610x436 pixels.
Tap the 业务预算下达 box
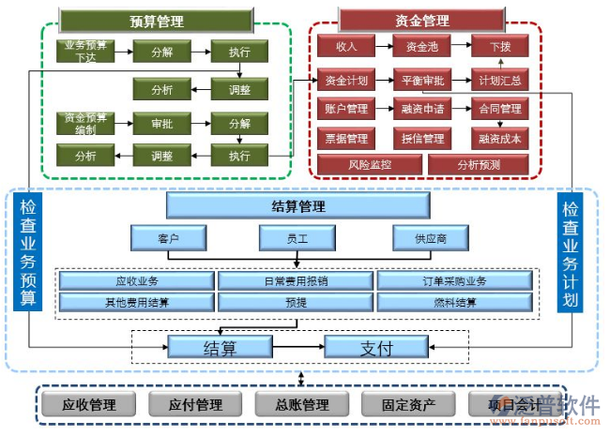(84, 51)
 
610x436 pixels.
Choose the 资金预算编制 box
(84, 123)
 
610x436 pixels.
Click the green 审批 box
(160, 123)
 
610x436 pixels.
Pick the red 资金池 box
(421, 45)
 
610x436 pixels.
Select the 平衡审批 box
(421, 81)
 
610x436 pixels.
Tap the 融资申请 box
(421, 109)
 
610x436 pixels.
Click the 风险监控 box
(369, 165)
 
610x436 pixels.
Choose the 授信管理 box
(421, 138)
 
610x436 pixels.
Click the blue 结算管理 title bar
(297, 206)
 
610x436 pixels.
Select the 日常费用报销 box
(297, 280)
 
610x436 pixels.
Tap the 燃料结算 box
(455, 302)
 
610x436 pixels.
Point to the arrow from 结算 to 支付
(298, 347)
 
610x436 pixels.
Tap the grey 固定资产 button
(409, 405)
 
